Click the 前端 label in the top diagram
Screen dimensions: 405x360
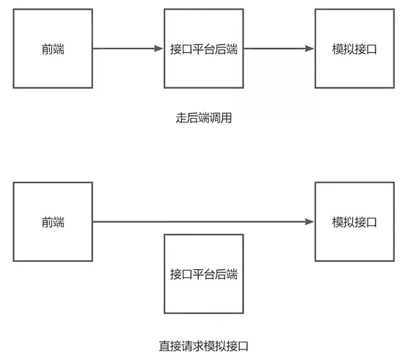pyautogui.click(x=53, y=49)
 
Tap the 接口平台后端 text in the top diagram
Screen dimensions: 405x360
pyautogui.click(x=204, y=49)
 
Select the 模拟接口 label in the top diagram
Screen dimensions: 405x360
pyautogui.click(x=354, y=49)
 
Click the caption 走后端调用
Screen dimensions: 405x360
pyautogui.click(x=204, y=118)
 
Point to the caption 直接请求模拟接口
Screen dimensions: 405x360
pyautogui.click(x=204, y=346)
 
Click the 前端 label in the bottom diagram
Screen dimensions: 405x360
pyautogui.click(x=53, y=222)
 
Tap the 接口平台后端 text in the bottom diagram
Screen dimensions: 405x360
pyautogui.click(x=204, y=274)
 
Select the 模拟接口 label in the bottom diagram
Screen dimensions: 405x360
pyautogui.click(x=354, y=222)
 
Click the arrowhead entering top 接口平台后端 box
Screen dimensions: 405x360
pyautogui.click(x=158, y=48)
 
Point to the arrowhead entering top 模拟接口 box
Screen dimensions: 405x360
pyautogui.click(x=309, y=48)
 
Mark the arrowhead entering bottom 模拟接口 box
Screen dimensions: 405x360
pyautogui.click(x=309, y=221)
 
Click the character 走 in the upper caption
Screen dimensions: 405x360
pyautogui.click(x=181, y=118)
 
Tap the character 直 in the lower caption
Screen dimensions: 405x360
pyautogui.click(x=164, y=346)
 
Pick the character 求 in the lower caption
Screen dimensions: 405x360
pyautogui.click(x=198, y=346)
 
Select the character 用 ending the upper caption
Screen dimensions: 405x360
pyautogui.click(x=226, y=118)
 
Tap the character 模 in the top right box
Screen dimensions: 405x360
pyautogui.click(x=337, y=49)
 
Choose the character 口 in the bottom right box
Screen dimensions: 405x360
pyautogui.click(x=371, y=222)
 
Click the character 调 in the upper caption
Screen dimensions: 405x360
pyautogui.click(x=215, y=118)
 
